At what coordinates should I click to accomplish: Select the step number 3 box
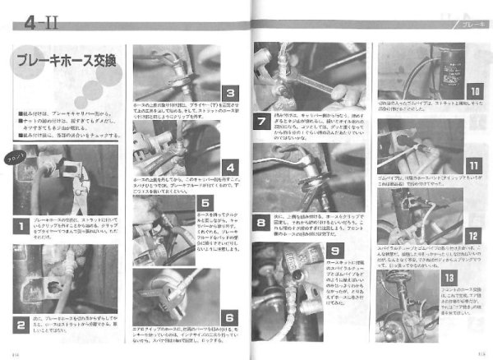point(229,93)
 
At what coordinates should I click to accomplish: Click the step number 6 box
point(229,316)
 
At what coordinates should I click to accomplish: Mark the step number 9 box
point(335,252)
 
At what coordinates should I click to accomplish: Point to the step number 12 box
point(474,235)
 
